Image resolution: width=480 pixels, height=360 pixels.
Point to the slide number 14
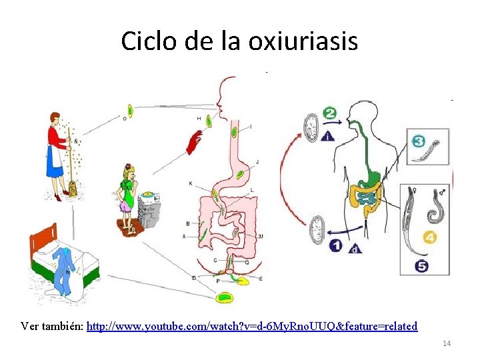coord(447,343)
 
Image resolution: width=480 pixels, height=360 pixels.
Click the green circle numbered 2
coord(330,113)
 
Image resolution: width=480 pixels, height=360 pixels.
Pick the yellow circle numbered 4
coord(430,237)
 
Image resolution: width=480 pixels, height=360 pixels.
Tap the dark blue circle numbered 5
coord(422,266)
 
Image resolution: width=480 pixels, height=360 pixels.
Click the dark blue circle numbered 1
coord(336,246)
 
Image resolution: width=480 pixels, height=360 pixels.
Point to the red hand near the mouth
coord(195,142)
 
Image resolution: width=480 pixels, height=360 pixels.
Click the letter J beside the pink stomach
coord(257,162)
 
